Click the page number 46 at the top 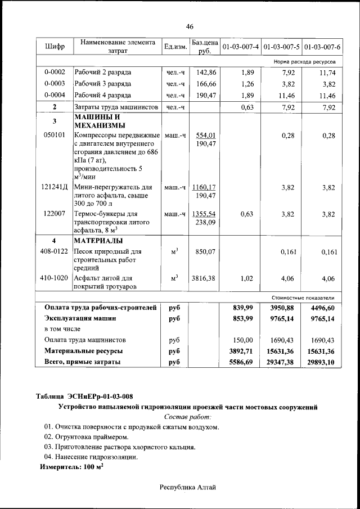pos(190,27)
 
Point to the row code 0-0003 pos(55,84)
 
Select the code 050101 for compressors pos(55,135)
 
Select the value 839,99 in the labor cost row pos(244,307)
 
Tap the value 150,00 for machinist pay pos(244,340)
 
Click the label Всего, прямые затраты pos(83,362)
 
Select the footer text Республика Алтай pos(187,487)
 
